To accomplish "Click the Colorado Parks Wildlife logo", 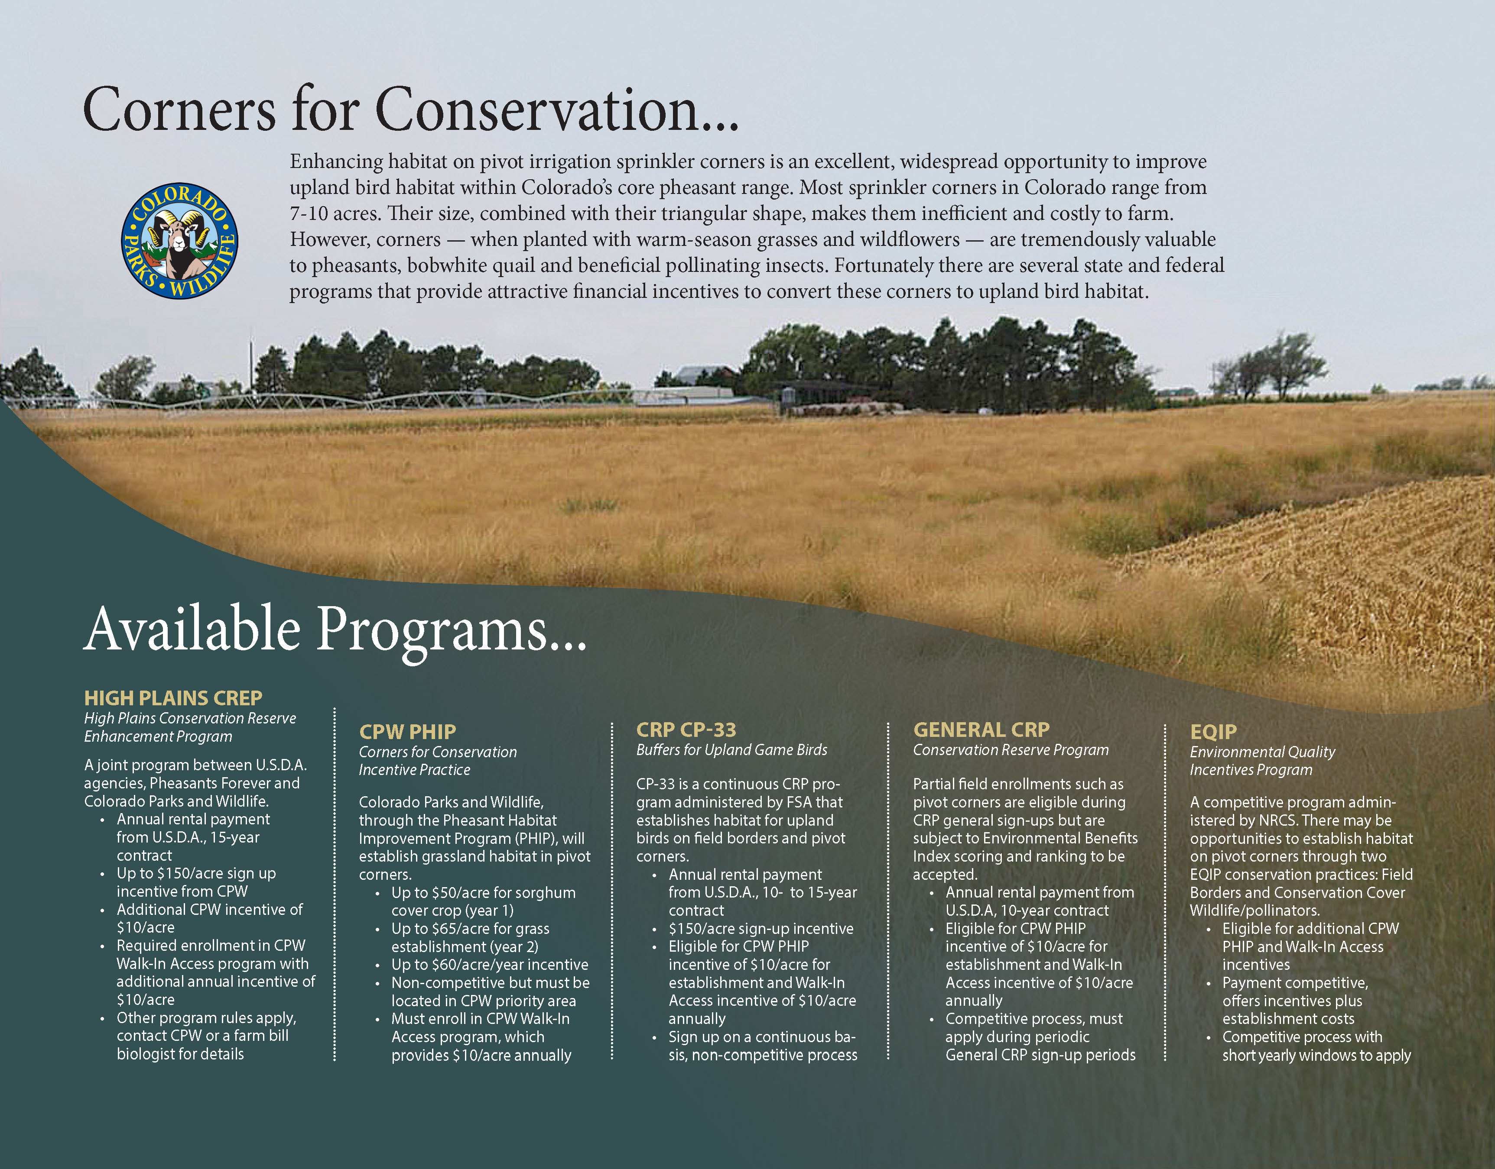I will (179, 240).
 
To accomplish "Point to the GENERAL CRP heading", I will (981, 730).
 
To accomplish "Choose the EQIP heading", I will (1213, 732).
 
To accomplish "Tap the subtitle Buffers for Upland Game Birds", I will (731, 750).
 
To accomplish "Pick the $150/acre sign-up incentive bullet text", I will (761, 929).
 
